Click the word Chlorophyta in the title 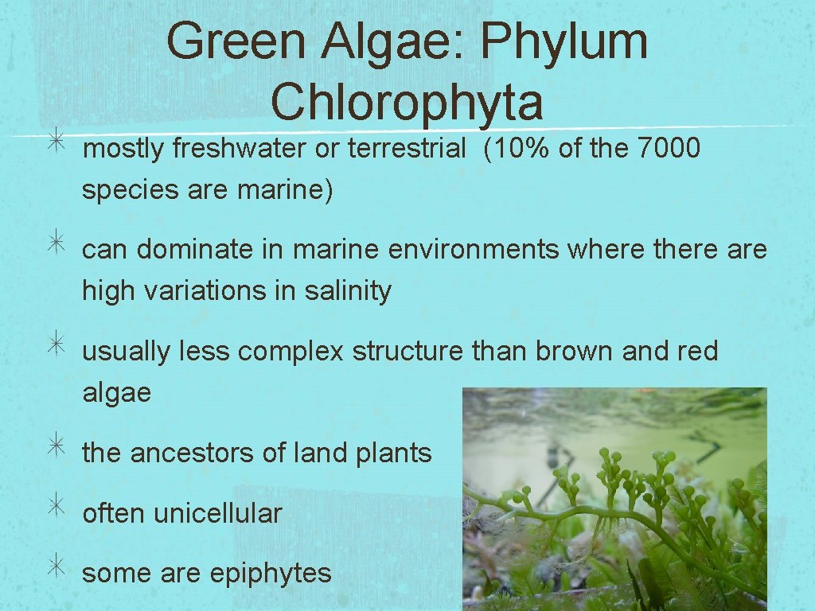click(407, 102)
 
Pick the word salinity click(348, 290)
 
